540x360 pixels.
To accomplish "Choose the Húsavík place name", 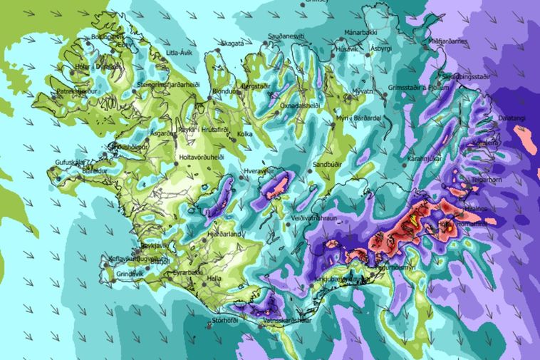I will click(348, 49).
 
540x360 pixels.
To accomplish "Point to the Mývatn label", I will click(362, 92).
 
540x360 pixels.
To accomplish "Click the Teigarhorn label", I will click(487, 180).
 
